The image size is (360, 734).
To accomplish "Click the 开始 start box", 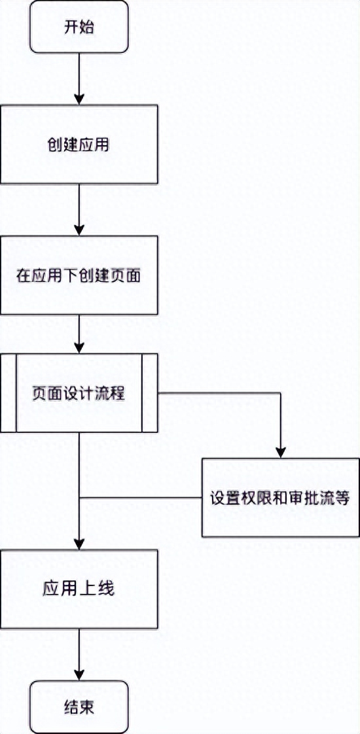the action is tap(79, 27).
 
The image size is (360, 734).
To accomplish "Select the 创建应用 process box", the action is tap(79, 144).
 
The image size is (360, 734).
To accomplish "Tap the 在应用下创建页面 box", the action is tap(79, 275).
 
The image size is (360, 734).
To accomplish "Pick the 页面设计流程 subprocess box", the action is tap(79, 393).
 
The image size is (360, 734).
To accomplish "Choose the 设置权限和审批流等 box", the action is tap(281, 497).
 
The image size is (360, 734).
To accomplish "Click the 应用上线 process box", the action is tap(79, 589).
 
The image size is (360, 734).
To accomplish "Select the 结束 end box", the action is tap(79, 707).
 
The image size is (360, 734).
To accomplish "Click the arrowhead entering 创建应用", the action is tap(79, 99).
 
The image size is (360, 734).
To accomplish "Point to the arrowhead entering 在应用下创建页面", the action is tap(79, 230).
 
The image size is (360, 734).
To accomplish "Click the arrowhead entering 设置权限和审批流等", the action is tap(281, 452).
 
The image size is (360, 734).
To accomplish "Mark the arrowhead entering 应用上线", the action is tap(79, 544).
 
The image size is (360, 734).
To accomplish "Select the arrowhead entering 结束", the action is tap(79, 675).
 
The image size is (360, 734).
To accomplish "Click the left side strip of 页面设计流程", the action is tap(8, 393).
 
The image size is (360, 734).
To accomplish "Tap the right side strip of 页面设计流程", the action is tap(150, 393).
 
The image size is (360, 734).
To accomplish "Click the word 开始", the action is tap(79, 27).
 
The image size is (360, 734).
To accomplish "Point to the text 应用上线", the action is tap(79, 589).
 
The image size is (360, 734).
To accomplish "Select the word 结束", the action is tap(79, 707).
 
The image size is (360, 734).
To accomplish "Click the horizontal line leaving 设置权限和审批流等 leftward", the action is tap(141, 497).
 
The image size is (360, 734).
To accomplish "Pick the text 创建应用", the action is tap(79, 145).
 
